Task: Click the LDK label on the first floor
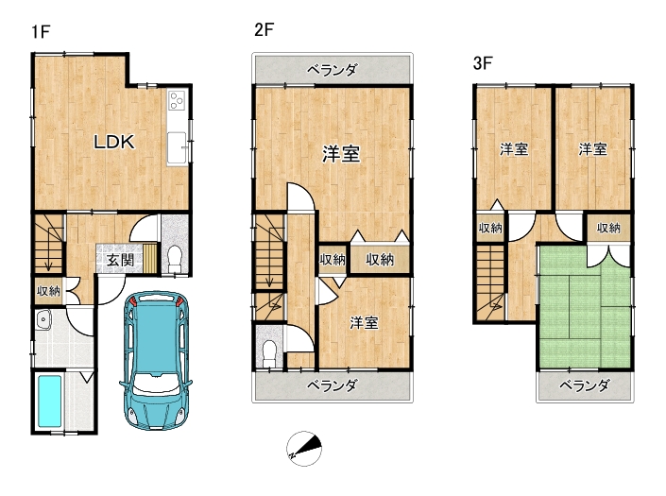tap(113, 142)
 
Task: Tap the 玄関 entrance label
tap(120, 260)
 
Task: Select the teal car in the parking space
tap(156, 361)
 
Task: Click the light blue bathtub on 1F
tap(50, 401)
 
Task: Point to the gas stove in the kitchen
tap(177, 100)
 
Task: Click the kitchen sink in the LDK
tap(177, 147)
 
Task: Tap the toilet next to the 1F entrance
tap(174, 259)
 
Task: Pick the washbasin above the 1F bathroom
tap(43, 319)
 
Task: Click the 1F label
tap(41, 32)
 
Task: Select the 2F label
tap(264, 29)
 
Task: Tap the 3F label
tap(483, 63)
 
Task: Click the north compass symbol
tap(304, 449)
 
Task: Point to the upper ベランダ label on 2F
tap(333, 70)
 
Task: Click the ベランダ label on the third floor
tap(585, 385)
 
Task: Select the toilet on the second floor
tap(269, 353)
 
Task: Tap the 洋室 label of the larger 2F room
tap(341, 154)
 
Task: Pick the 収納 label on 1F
tap(48, 291)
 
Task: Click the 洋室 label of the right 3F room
tap(593, 149)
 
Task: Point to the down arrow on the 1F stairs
tap(48, 259)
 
